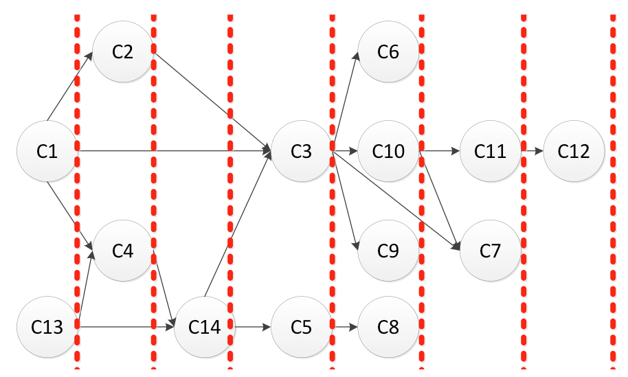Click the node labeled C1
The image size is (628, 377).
[47, 151]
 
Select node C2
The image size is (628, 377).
[122, 52]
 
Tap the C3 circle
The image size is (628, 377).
[301, 151]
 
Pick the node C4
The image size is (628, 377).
[122, 251]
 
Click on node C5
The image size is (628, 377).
[301, 328]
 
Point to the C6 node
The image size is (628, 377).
[388, 52]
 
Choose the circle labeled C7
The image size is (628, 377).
[491, 251]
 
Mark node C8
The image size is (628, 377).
[388, 328]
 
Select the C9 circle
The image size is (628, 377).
[388, 251]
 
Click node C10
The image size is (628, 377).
[388, 151]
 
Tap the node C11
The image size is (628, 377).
[491, 151]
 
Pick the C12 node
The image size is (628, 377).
[574, 151]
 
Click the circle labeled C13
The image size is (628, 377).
[47, 328]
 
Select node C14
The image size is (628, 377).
[205, 328]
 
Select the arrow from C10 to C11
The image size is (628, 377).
[439, 150]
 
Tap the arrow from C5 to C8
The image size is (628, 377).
[345, 328]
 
